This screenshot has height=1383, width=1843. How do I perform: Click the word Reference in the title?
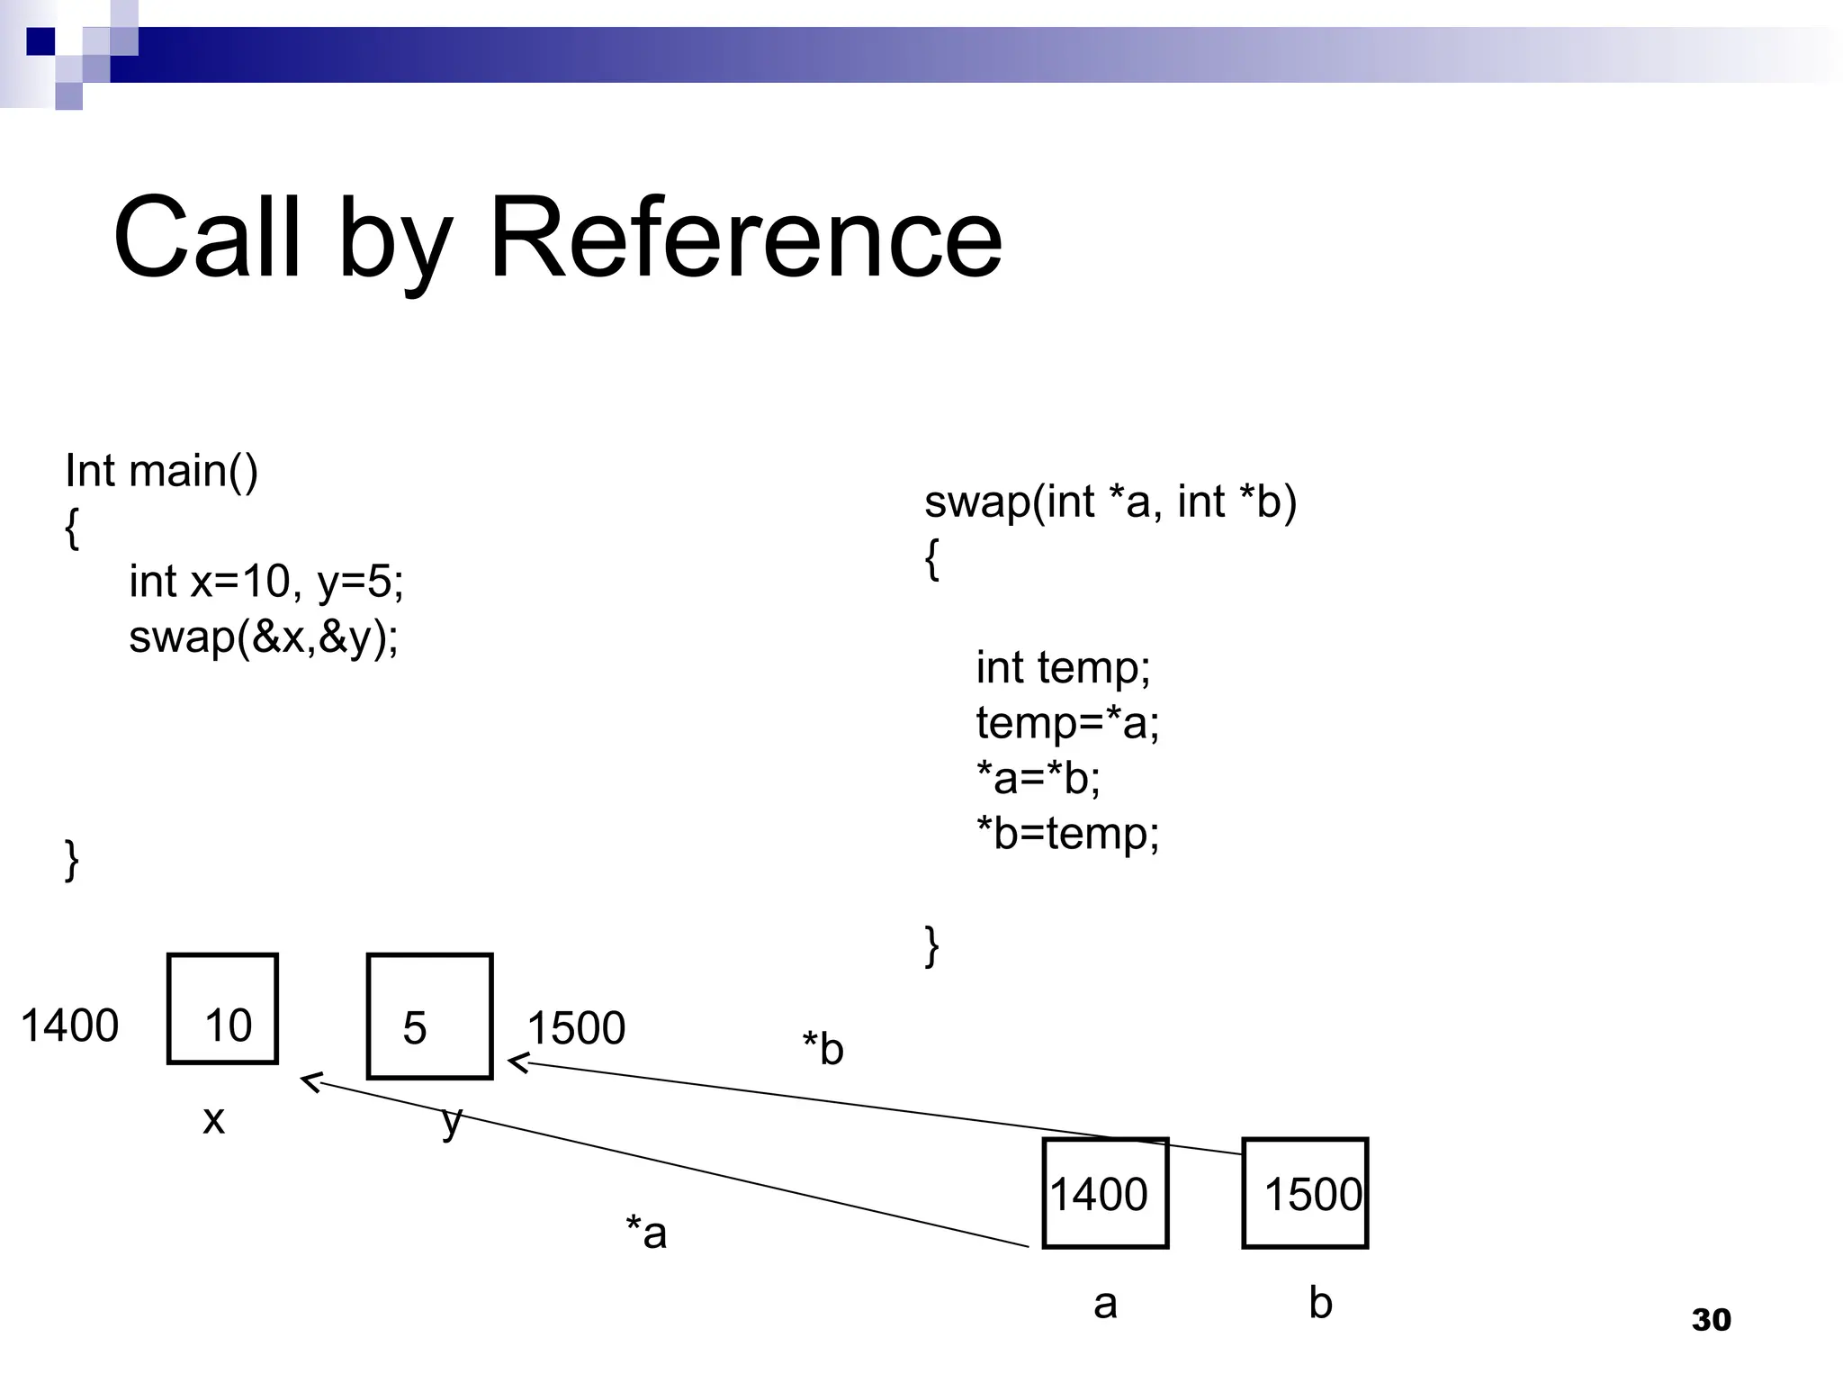click(x=745, y=239)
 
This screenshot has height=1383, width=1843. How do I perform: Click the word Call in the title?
click(x=207, y=239)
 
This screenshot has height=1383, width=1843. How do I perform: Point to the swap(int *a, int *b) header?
click(x=1110, y=502)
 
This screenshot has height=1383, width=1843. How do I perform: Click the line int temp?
click(x=1063, y=668)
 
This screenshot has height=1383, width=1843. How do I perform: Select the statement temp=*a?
click(x=1067, y=723)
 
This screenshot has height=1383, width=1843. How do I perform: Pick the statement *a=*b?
click(x=1038, y=778)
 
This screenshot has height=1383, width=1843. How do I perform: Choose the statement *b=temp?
click(x=1067, y=833)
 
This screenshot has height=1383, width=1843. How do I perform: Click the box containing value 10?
click(x=222, y=1009)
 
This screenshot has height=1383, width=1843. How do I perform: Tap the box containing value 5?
click(x=429, y=1016)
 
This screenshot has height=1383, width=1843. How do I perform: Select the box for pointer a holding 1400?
click(x=1105, y=1193)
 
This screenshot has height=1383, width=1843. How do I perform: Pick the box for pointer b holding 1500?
click(x=1305, y=1193)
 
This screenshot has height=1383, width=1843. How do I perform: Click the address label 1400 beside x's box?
click(x=69, y=1026)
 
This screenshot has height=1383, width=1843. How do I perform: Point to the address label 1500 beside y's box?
click(x=576, y=1028)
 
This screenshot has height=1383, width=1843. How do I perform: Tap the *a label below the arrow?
click(x=646, y=1233)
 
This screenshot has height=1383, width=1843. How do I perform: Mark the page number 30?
click(x=1711, y=1320)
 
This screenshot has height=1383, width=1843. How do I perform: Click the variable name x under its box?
click(x=213, y=1120)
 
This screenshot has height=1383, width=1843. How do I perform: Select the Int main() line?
click(x=161, y=471)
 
